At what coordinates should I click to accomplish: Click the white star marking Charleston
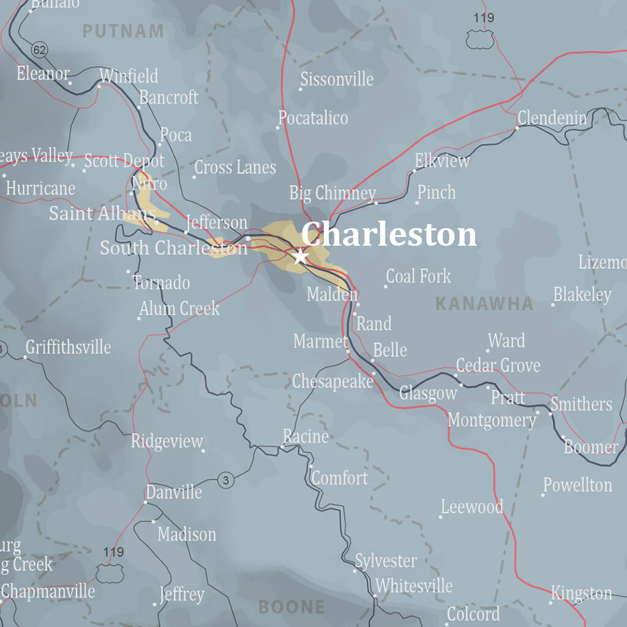click(301, 256)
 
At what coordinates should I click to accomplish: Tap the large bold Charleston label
click(389, 235)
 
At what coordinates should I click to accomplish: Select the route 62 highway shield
click(40, 50)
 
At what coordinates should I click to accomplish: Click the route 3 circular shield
click(226, 481)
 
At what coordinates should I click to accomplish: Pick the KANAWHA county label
click(484, 304)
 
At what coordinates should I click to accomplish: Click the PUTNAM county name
click(123, 31)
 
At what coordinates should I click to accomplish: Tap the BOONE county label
click(291, 607)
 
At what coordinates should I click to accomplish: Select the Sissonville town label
click(337, 79)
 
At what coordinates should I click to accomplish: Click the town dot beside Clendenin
click(517, 128)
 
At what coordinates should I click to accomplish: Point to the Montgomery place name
click(492, 421)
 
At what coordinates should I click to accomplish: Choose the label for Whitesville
click(414, 586)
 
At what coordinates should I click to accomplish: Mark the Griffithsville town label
click(68, 347)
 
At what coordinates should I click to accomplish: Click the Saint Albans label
click(102, 214)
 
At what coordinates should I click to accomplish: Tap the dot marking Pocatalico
click(277, 128)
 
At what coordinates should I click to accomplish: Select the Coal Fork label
click(419, 276)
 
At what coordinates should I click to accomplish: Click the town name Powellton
click(577, 486)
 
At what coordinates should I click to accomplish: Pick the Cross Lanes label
click(235, 167)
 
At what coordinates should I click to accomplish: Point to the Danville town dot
click(145, 502)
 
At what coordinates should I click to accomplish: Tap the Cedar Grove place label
click(498, 366)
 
